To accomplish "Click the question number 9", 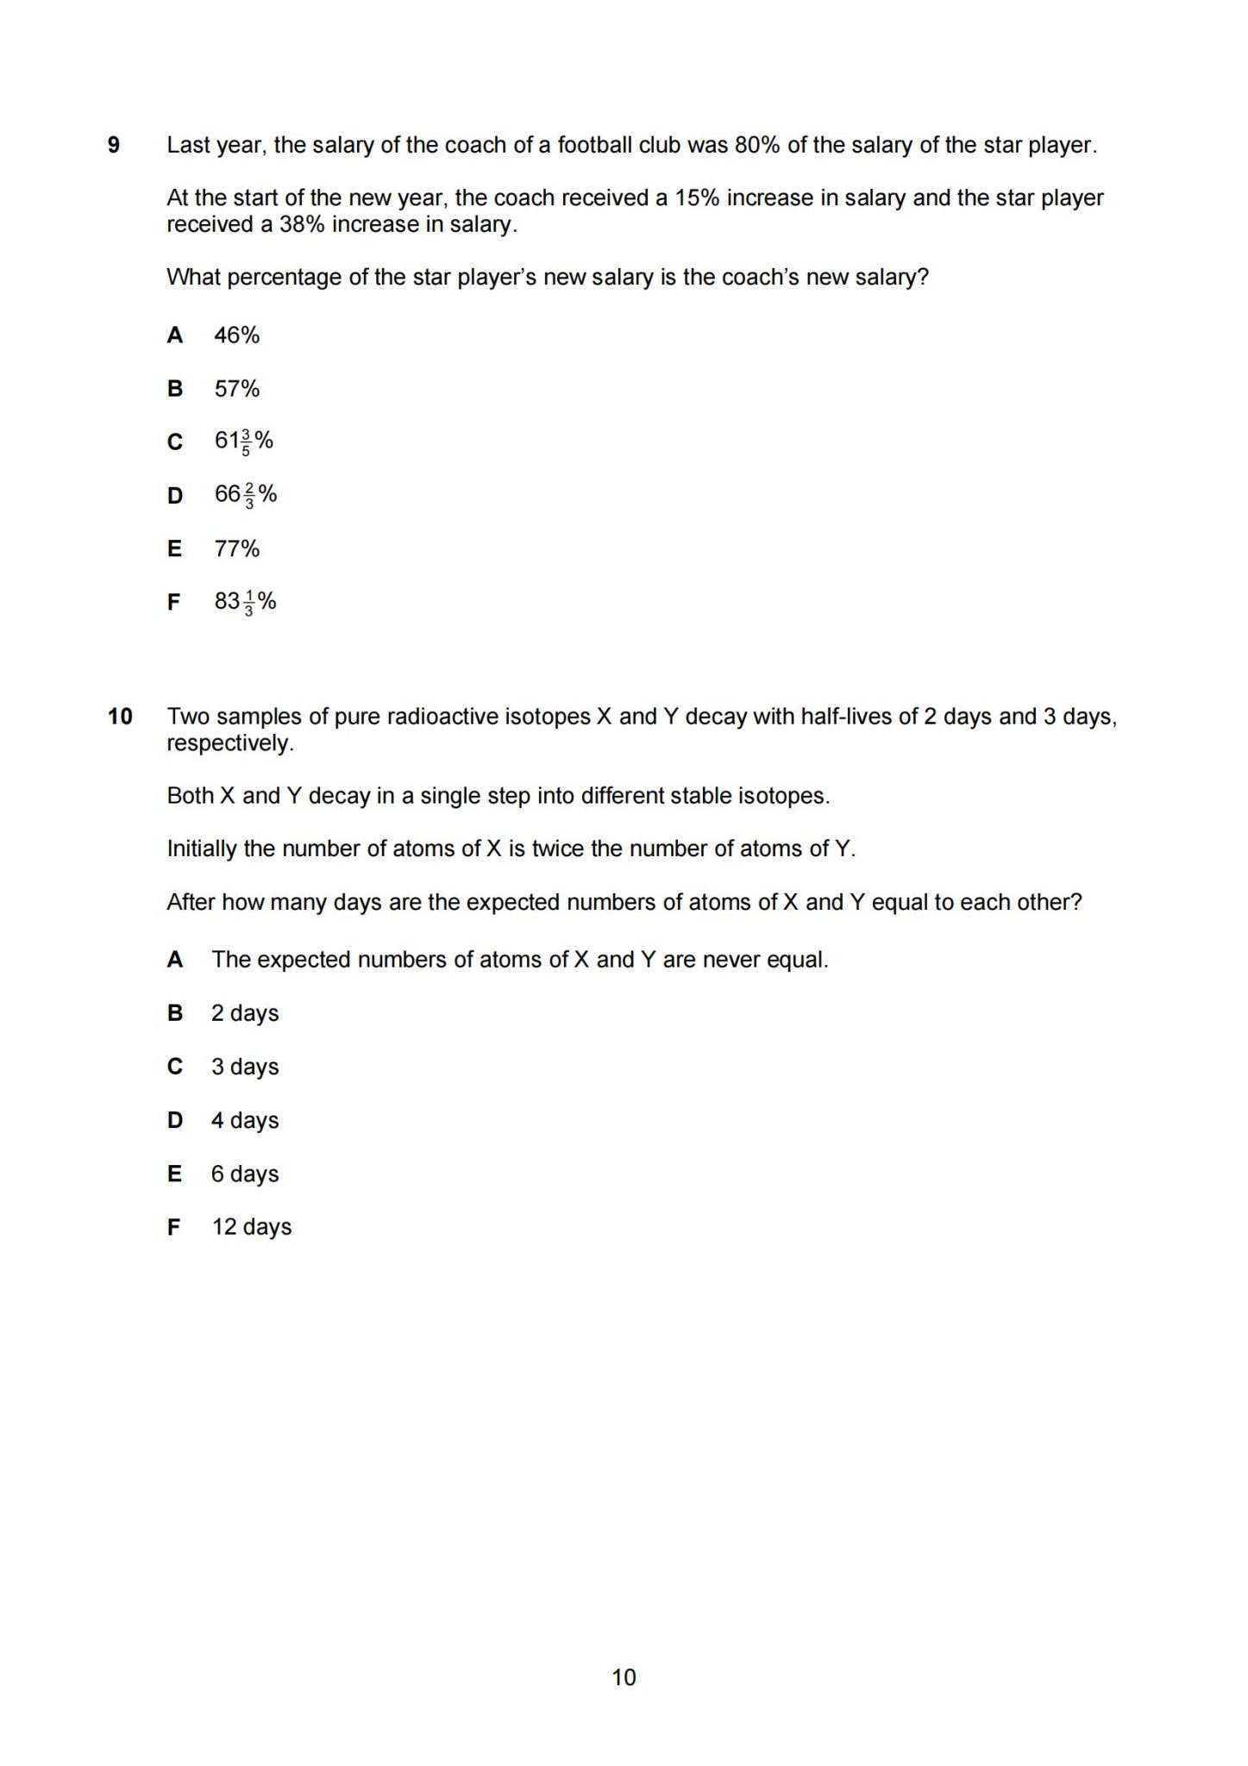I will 114,145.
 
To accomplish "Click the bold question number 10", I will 120,717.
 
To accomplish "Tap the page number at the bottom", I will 624,1677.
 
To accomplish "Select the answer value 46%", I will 236,335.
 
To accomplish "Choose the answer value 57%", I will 236,389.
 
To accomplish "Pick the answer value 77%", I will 236,548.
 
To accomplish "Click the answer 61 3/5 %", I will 243,441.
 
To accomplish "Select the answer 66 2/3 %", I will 245,495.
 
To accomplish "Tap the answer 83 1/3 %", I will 245,602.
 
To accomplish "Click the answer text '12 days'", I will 252,1227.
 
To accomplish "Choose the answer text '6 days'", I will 245,1174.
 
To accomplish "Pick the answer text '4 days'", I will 245,1120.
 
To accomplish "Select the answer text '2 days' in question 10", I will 245,1013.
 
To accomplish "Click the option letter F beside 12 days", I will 174,1227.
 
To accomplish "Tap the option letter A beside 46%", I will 175,335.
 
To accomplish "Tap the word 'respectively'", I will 229,743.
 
